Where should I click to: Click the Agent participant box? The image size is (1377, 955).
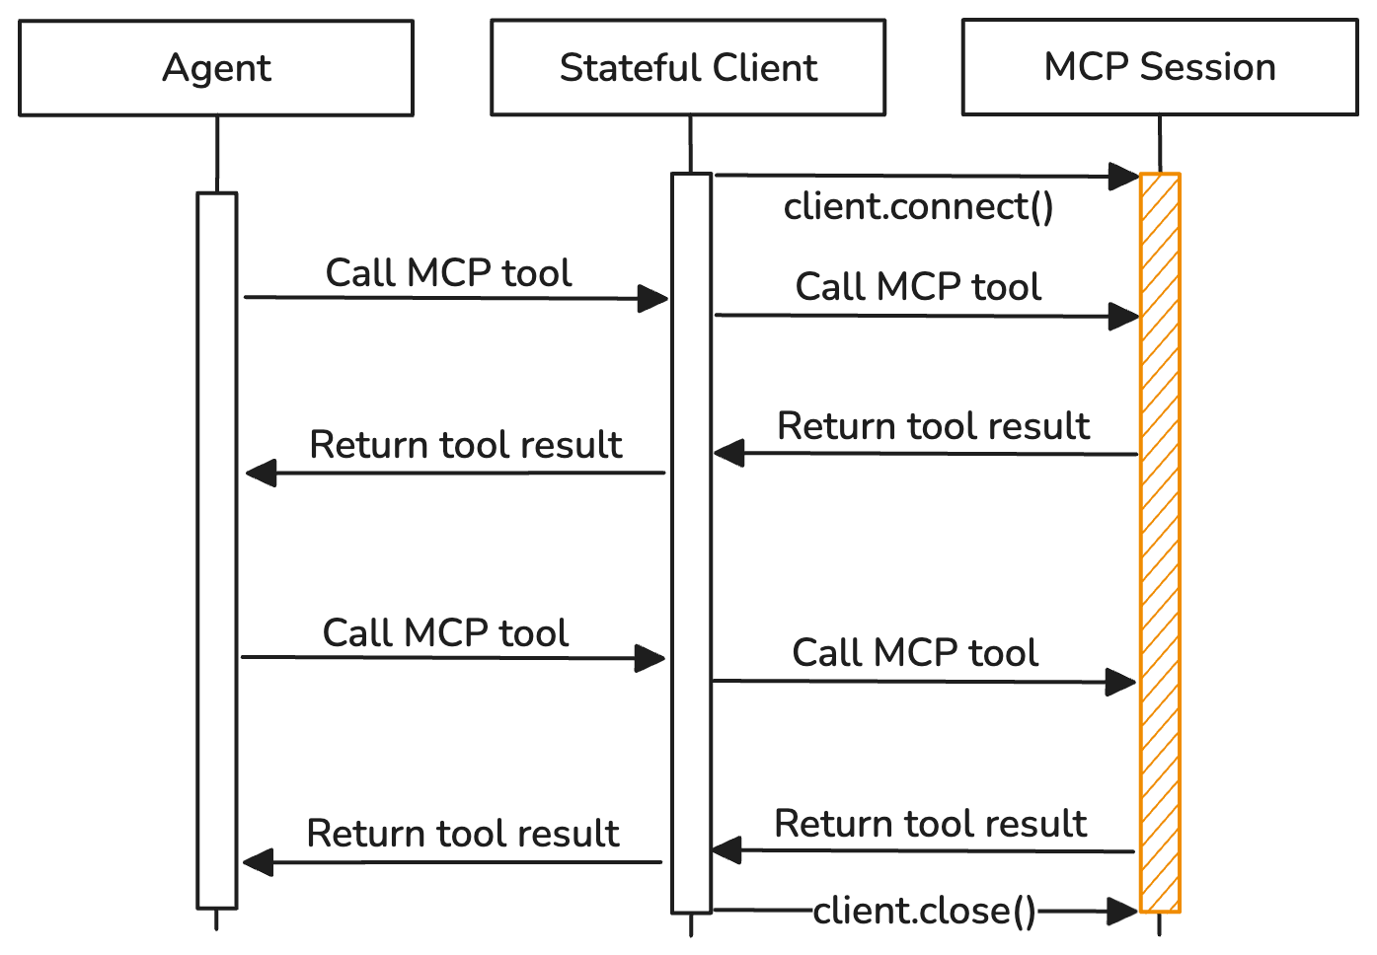(216, 68)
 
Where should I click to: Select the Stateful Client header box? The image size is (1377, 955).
(688, 68)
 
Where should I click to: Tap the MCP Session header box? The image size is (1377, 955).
(1159, 67)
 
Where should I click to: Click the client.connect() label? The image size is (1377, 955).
(918, 207)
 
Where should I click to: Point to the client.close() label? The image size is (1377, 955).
(925, 911)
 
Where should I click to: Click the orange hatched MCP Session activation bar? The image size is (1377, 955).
(1160, 543)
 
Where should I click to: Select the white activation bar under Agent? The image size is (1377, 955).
(217, 550)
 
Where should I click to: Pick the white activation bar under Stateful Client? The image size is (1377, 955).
(691, 543)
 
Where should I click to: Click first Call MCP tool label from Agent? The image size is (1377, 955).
(449, 273)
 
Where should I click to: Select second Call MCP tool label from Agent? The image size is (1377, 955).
(446, 633)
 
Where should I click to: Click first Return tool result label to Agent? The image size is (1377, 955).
(466, 445)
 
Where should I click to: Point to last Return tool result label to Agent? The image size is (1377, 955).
(463, 834)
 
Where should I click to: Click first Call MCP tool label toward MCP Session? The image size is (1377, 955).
(918, 287)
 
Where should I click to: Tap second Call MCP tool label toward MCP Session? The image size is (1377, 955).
(915, 653)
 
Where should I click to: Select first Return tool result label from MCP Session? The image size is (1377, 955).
(933, 426)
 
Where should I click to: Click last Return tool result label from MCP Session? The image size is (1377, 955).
(930, 824)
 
